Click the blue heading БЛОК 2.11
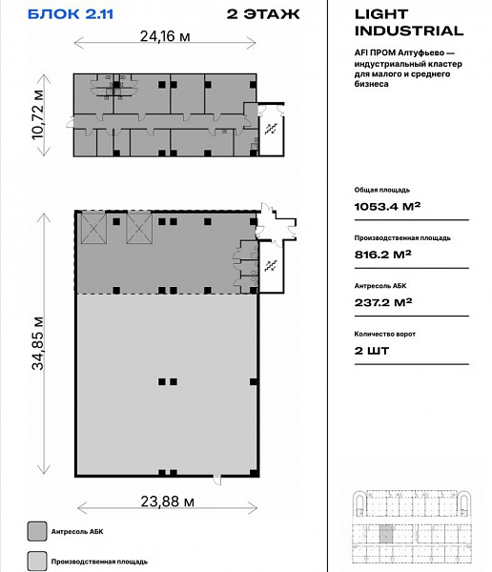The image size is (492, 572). [x=71, y=14]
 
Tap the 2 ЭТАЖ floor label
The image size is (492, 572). [x=263, y=14]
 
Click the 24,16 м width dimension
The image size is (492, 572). [x=165, y=36]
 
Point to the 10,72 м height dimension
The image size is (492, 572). [x=37, y=114]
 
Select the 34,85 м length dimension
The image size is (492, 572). [x=37, y=343]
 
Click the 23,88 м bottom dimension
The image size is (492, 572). [x=168, y=501]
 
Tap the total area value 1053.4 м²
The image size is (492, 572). [x=387, y=207]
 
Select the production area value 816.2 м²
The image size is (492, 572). [x=383, y=255]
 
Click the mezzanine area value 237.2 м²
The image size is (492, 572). [x=383, y=302]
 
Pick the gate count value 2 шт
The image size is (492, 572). [x=372, y=351]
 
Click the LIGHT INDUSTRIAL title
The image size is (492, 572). [x=409, y=22]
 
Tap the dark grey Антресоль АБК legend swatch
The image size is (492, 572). [x=37, y=531]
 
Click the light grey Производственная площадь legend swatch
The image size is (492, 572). [x=37, y=562]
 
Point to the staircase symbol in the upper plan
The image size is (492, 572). [x=271, y=129]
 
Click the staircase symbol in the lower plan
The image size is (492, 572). [x=271, y=266]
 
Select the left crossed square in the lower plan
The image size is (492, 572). [x=93, y=229]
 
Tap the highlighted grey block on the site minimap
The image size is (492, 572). [x=386, y=533]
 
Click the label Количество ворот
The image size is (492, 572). [x=384, y=334]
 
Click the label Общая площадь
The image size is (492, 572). [x=381, y=190]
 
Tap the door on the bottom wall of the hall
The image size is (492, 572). [x=217, y=479]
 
